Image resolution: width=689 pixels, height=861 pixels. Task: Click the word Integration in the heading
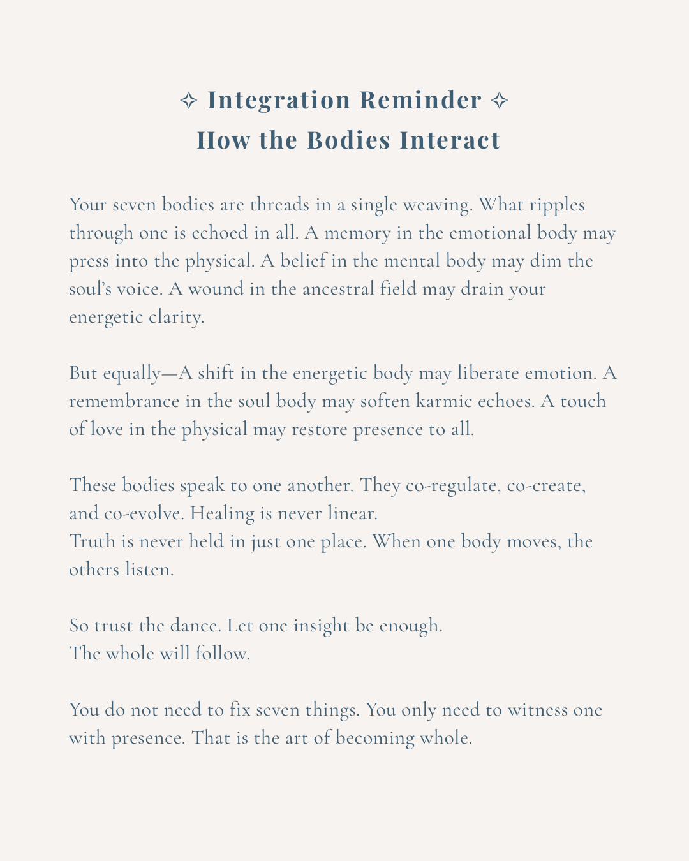pos(279,100)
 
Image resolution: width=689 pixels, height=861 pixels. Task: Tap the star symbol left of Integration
pos(188,100)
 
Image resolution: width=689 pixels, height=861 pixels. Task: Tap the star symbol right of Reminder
pos(500,100)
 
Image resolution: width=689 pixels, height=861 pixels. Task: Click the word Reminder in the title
pos(420,100)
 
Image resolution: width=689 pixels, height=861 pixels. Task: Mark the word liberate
pos(488,374)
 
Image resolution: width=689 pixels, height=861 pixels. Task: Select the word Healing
pos(223,514)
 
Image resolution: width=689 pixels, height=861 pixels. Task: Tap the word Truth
pos(93,542)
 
